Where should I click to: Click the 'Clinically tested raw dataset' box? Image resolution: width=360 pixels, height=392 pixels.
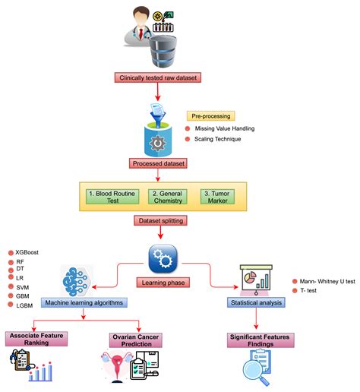(x=158, y=77)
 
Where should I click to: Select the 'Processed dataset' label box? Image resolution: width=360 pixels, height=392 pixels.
(x=159, y=163)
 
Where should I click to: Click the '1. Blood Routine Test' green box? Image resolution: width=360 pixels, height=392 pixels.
(x=109, y=196)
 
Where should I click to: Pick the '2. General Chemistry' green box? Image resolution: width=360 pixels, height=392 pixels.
(x=166, y=196)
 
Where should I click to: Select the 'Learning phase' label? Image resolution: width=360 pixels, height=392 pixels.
(x=163, y=283)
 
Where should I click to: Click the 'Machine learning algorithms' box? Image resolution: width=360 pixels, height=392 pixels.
(x=84, y=303)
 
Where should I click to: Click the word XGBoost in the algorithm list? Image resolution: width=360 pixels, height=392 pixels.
(x=27, y=251)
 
